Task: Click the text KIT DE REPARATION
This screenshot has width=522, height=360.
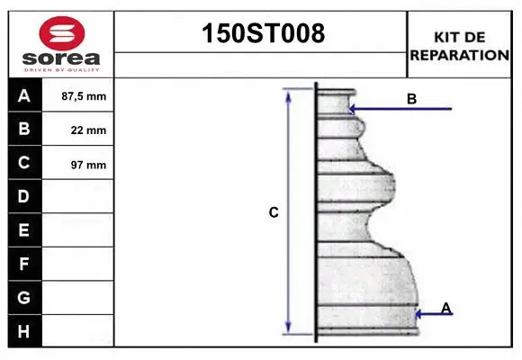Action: coord(459,45)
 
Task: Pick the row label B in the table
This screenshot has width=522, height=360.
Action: coord(24,130)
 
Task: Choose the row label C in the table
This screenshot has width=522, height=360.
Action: coord(24,164)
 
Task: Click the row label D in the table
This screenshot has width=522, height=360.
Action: coord(24,196)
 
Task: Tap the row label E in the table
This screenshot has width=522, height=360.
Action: coord(24,230)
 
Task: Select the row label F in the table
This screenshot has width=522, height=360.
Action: coord(24,265)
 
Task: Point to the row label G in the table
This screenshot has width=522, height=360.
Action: coord(24,297)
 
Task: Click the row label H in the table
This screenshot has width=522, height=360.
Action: coord(24,331)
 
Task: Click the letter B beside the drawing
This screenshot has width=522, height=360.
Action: coord(411,99)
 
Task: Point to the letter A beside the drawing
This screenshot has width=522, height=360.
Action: coord(446,309)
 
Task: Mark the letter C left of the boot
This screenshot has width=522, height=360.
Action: coord(274,213)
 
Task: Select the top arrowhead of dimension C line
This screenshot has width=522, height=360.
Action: coord(289,94)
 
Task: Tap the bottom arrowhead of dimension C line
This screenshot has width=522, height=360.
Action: coord(289,328)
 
